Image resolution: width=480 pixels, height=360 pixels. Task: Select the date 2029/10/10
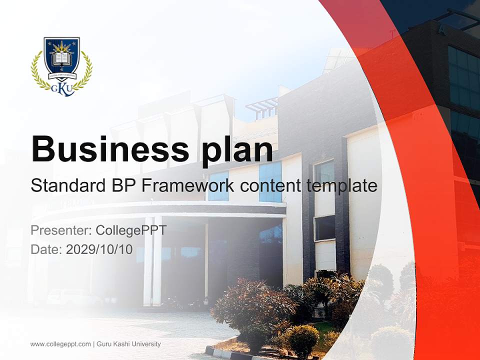(x=99, y=249)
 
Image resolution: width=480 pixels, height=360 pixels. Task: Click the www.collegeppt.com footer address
(x=60, y=344)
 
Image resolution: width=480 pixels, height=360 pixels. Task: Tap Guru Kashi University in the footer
(x=128, y=344)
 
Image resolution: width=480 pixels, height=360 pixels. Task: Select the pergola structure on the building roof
(x=261, y=107)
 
